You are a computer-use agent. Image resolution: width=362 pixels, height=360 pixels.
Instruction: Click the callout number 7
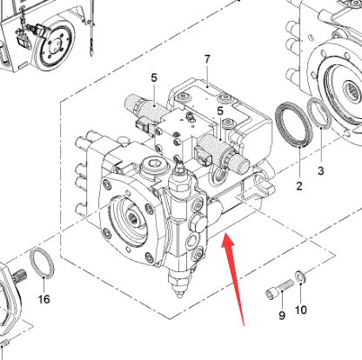click(x=207, y=59)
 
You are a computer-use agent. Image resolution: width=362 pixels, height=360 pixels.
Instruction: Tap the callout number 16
click(x=44, y=299)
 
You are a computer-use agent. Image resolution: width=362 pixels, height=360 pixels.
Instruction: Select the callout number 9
click(x=282, y=316)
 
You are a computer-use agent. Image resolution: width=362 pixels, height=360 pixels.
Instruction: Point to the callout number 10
click(x=301, y=310)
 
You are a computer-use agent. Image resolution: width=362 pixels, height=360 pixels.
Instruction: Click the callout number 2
click(x=299, y=186)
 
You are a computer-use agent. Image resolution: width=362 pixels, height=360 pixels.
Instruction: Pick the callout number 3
click(x=320, y=170)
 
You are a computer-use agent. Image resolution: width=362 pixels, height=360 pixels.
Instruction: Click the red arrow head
click(x=228, y=241)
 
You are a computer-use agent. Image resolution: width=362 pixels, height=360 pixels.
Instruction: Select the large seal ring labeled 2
click(x=294, y=124)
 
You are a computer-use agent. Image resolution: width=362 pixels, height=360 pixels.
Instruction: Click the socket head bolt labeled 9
click(x=279, y=289)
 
